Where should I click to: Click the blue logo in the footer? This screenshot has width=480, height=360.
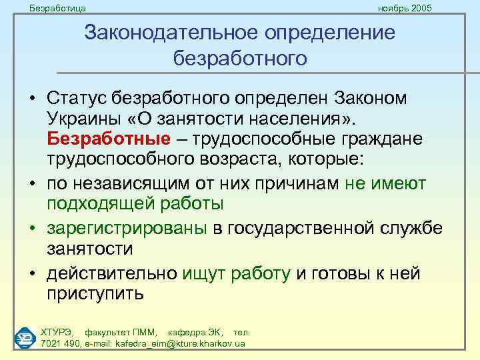pos(25,337)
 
